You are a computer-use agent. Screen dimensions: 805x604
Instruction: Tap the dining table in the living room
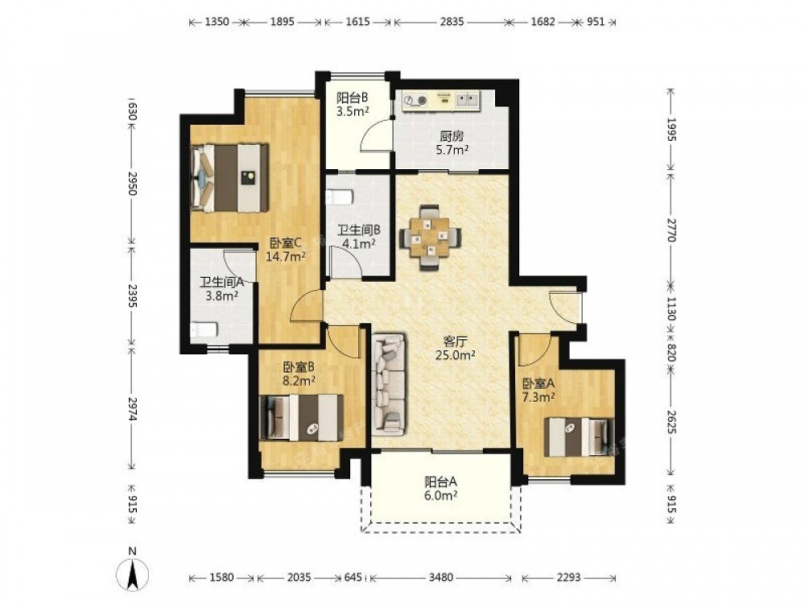pos(430,238)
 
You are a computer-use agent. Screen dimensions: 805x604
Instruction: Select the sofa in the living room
pos(389,383)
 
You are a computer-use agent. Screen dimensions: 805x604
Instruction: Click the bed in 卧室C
pos(229,177)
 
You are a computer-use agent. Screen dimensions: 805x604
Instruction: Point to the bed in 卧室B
pos(302,417)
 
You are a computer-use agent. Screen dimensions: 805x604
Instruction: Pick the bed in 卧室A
pos(579,436)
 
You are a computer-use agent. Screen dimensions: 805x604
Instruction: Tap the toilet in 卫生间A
pos(204,329)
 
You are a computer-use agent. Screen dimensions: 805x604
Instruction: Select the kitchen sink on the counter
pos(467,100)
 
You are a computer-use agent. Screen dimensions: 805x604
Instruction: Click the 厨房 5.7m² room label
pos(452,143)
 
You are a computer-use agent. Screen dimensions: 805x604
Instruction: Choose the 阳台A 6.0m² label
pos(441,489)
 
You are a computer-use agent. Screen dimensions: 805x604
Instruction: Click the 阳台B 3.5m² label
pos(353,104)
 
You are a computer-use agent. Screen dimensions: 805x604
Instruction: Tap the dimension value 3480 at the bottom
pos(440,577)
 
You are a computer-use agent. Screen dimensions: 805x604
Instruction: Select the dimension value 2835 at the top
pos(452,22)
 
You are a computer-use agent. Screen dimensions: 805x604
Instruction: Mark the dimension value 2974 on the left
pos(133,409)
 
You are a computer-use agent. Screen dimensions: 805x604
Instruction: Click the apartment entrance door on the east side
pos(565,307)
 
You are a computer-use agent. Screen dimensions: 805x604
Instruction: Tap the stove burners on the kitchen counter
pos(415,100)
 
